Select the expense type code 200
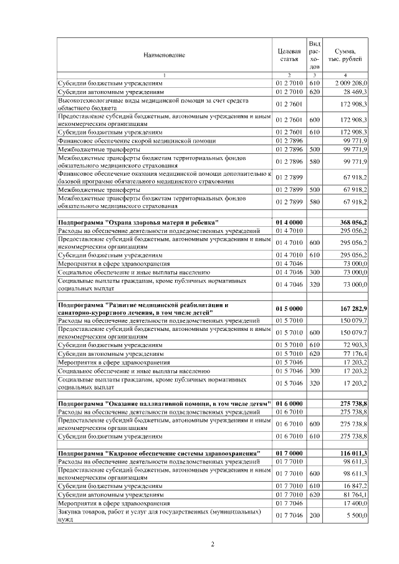(314, 515)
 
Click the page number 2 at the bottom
(212, 544)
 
